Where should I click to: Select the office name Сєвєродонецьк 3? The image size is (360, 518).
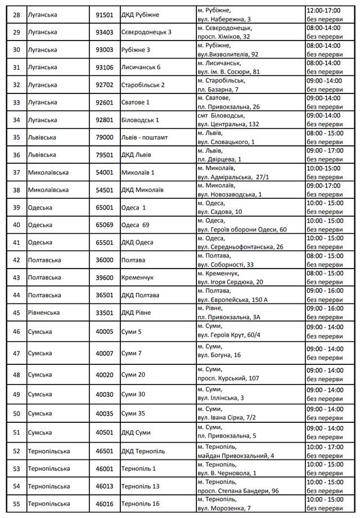pos(146,32)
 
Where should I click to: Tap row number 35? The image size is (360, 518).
pos(16,137)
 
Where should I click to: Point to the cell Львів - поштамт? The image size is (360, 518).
pos(145,137)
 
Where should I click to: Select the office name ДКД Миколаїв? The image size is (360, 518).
pos(142,190)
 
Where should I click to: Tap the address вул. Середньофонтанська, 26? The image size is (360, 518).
pos(240,247)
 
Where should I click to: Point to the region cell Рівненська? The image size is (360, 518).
pos(48,312)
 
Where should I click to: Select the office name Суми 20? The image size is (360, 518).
pos(133,374)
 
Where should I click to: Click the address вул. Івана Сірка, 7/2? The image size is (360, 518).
pos(228,418)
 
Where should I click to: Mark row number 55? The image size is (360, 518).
pos(16,503)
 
